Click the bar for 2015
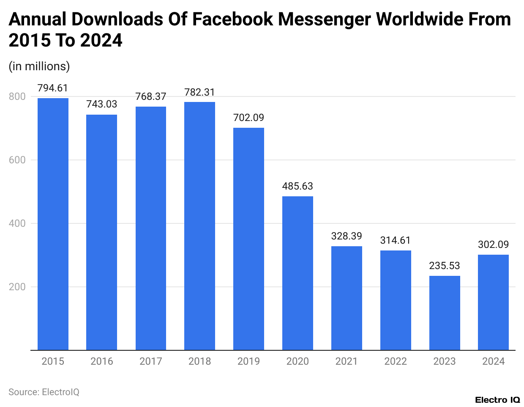53,224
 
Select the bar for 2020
297,273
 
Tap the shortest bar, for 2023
445,313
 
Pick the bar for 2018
199,226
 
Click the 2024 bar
493,302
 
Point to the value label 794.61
53,88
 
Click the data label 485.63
297,186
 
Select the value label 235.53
445,266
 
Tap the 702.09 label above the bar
248,118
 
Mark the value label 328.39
347,236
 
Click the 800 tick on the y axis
17,96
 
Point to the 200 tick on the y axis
17,287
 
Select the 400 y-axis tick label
17,223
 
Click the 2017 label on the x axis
151,361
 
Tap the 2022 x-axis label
396,361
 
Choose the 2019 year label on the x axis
248,361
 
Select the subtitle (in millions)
39,66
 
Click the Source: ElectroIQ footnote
44,392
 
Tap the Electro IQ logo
497,400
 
